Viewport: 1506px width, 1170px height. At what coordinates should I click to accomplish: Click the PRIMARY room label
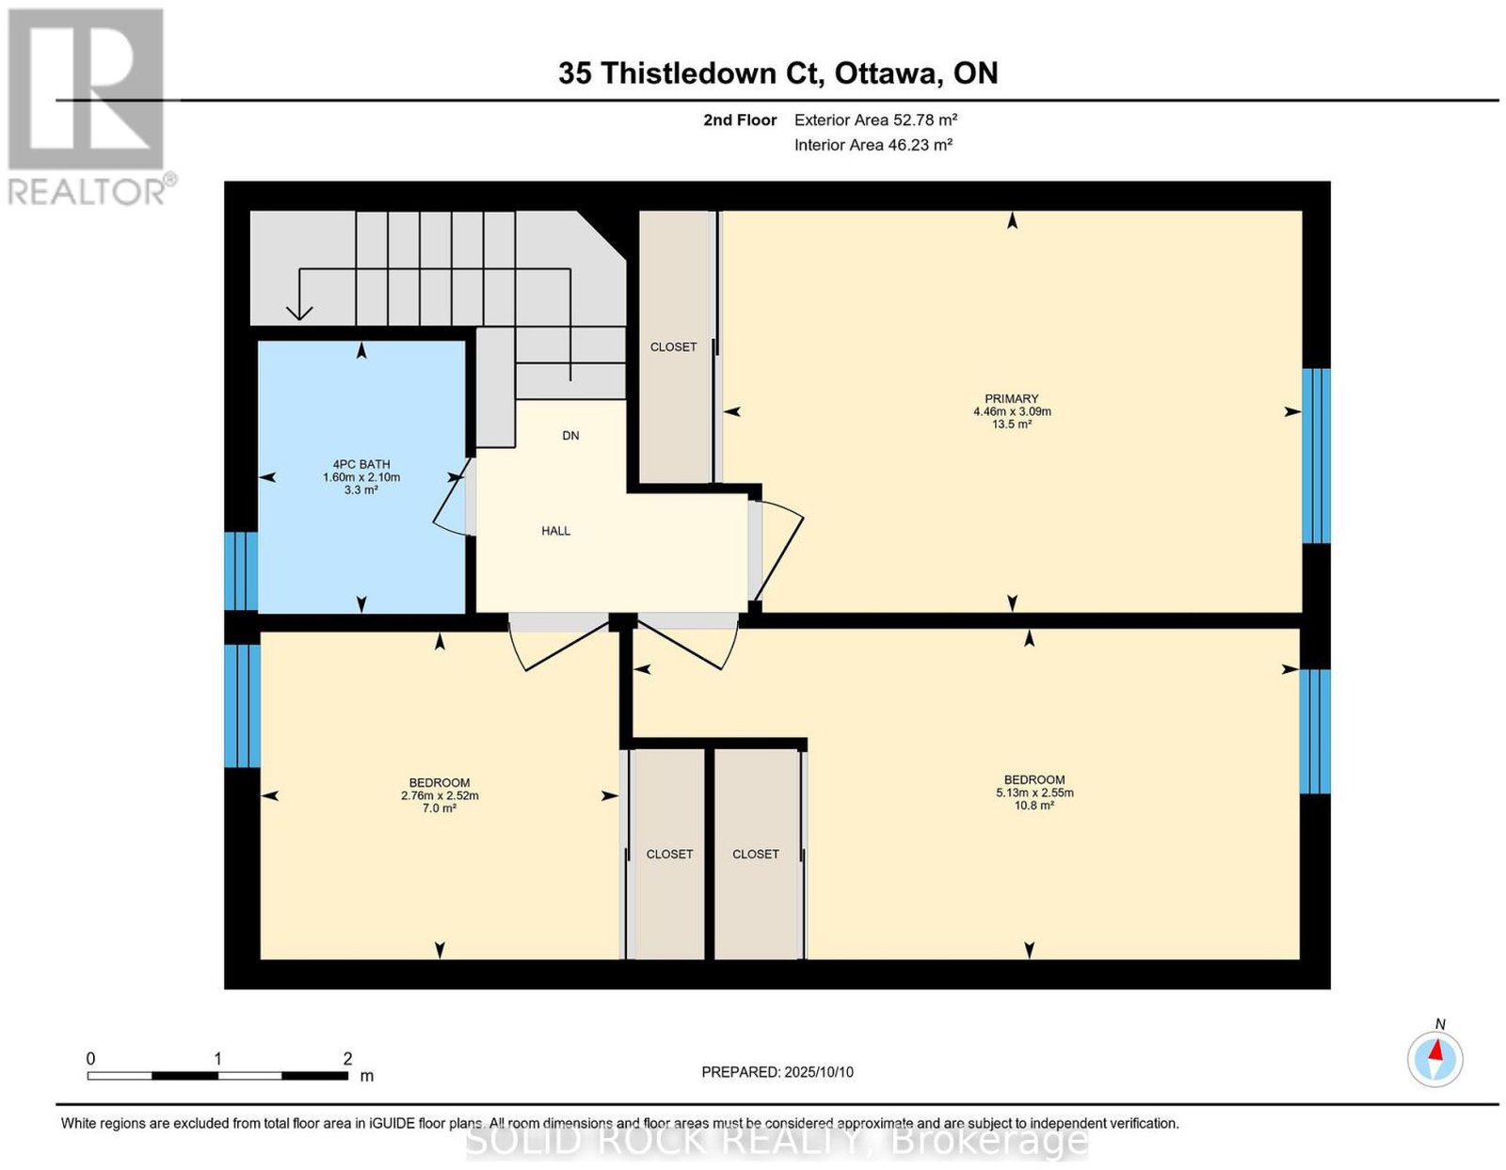tap(1011, 398)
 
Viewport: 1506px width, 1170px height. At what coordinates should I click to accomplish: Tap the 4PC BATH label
tap(361, 464)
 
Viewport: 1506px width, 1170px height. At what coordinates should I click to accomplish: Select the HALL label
tap(556, 531)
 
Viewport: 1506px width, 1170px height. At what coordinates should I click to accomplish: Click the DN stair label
tap(570, 436)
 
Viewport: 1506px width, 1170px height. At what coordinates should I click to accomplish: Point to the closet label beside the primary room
tap(673, 347)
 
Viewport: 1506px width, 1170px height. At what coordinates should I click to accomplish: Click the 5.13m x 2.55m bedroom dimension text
tap(1034, 793)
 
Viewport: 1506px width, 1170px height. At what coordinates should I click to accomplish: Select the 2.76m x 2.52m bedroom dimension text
tap(440, 796)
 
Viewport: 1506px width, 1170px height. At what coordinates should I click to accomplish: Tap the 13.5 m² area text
tap(1012, 424)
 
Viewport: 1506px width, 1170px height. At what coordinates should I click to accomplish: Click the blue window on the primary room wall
tap(1316, 456)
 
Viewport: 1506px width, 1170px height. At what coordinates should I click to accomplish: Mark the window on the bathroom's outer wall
tap(241, 570)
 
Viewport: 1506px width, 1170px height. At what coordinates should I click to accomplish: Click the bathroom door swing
tap(451, 497)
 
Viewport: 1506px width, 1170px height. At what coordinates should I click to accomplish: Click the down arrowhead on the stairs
tap(298, 313)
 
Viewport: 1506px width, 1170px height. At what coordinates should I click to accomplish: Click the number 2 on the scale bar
tap(347, 1059)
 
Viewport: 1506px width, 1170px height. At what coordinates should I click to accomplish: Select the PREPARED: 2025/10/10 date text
tap(777, 1072)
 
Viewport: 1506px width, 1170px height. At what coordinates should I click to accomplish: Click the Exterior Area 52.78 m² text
tap(875, 120)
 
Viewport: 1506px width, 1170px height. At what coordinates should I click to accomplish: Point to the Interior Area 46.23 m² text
tap(873, 145)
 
